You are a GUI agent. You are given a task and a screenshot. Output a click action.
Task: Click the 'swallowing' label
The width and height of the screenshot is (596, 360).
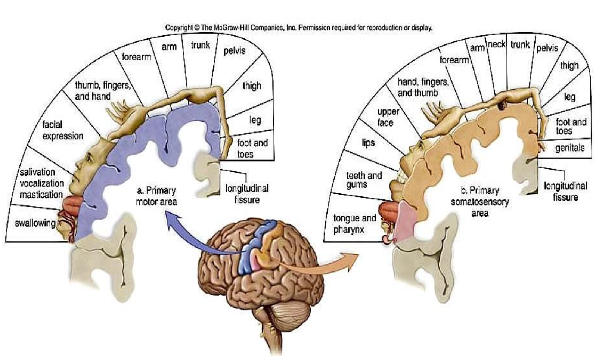pyautogui.click(x=35, y=223)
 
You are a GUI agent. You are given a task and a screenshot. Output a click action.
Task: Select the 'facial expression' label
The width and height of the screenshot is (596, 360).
pyautogui.click(x=63, y=130)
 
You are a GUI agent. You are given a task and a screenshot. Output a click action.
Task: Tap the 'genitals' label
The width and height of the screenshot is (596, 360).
pyautogui.click(x=569, y=148)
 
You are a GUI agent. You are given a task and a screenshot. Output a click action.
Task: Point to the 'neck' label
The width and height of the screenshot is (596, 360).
pyautogui.click(x=497, y=44)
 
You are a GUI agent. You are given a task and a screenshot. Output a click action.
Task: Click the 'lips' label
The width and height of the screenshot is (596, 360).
pyautogui.click(x=368, y=143)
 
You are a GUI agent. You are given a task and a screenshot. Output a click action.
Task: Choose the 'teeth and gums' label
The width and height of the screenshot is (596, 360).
pyautogui.click(x=364, y=180)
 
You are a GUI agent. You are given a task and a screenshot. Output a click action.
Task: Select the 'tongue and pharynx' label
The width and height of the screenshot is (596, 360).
pyautogui.click(x=355, y=224)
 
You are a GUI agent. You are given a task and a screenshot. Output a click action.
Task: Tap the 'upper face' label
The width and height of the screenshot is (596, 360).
pyautogui.click(x=388, y=117)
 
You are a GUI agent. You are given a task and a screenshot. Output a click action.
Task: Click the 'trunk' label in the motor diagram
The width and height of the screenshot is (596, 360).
pyautogui.click(x=201, y=45)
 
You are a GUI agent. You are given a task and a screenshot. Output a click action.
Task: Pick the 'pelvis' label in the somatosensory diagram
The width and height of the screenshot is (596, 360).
pyautogui.click(x=547, y=48)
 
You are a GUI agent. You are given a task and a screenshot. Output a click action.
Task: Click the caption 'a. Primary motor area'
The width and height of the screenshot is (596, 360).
pyautogui.click(x=156, y=196)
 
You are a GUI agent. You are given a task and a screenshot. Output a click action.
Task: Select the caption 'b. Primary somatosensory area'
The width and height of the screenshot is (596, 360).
pyautogui.click(x=480, y=202)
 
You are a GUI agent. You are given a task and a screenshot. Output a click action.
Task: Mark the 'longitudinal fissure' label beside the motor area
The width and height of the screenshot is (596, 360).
pyautogui.click(x=247, y=194)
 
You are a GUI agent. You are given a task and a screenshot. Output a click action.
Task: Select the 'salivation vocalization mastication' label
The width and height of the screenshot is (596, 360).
pyautogui.click(x=41, y=183)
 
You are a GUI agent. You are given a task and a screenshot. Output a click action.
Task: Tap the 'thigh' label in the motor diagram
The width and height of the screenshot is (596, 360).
pyautogui.click(x=252, y=86)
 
